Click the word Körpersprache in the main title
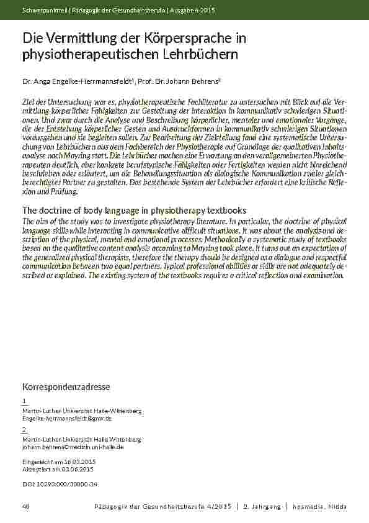tap(197, 39)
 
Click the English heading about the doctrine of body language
tap(134, 210)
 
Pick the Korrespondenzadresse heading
tap(66, 387)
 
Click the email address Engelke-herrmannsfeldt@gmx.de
tap(67, 419)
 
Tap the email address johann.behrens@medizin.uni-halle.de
tap(73, 447)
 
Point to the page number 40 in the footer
tap(25, 507)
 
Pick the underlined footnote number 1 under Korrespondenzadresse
tap(24, 401)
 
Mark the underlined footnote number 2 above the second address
tap(24, 429)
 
